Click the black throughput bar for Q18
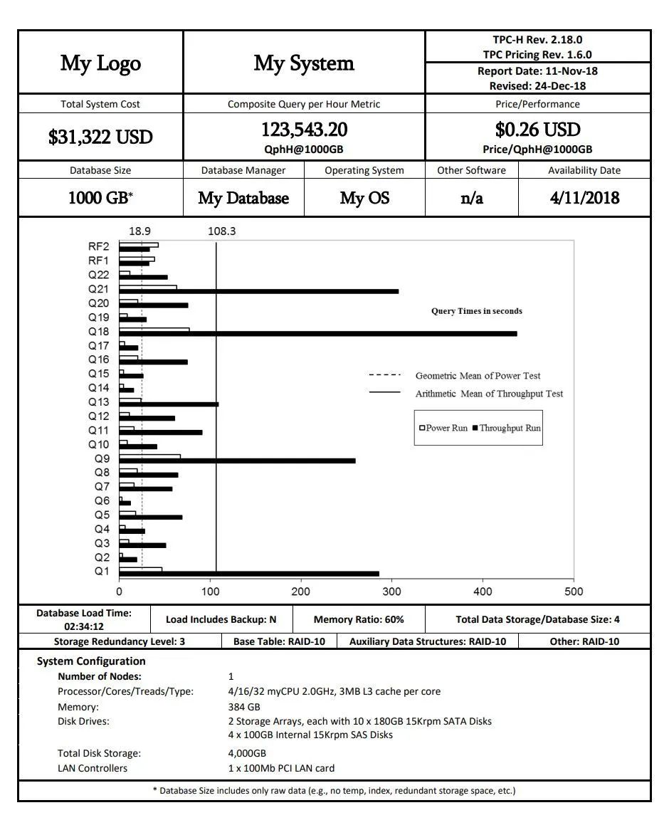click(318, 333)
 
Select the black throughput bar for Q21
click(259, 291)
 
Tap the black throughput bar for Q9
click(237, 461)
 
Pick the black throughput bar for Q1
click(249, 574)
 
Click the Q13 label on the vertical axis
click(99, 402)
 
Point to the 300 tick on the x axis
click(391, 592)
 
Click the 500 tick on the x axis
click(573, 592)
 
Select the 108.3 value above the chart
click(222, 231)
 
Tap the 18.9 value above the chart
click(139, 231)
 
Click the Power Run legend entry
click(443, 428)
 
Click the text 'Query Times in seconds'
click(476, 311)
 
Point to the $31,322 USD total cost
click(100, 137)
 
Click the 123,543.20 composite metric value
click(304, 130)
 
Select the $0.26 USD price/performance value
click(537, 130)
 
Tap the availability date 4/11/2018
click(584, 198)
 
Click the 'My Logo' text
click(100, 63)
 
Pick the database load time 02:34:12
click(84, 626)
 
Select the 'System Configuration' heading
click(91, 661)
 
